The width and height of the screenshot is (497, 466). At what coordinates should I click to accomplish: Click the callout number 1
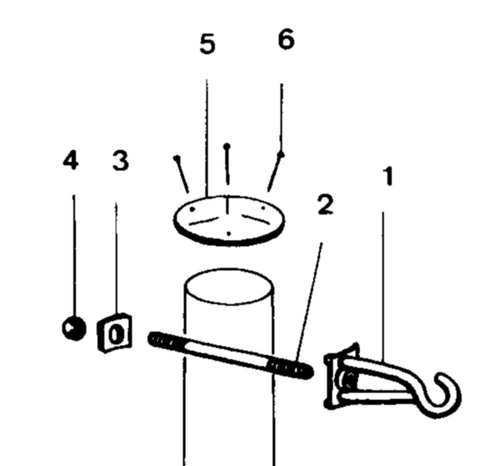click(x=388, y=177)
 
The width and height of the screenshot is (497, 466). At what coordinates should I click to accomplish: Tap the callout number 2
click(x=326, y=205)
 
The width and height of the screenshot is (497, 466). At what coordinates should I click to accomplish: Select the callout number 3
click(x=121, y=161)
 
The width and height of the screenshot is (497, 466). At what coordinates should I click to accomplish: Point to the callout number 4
click(x=71, y=161)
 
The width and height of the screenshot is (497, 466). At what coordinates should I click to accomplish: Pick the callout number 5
click(x=207, y=45)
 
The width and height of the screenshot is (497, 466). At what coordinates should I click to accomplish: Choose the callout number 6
click(x=286, y=39)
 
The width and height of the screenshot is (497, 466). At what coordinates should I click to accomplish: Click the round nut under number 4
click(x=74, y=328)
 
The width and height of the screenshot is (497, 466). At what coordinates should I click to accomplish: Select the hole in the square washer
click(x=115, y=335)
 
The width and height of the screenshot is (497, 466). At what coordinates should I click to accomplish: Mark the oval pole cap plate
click(x=229, y=221)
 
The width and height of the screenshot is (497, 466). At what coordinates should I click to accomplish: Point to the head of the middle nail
click(x=227, y=146)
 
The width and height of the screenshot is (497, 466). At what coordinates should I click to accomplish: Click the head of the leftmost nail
click(x=177, y=158)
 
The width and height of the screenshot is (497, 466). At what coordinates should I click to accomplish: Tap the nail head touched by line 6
click(x=281, y=155)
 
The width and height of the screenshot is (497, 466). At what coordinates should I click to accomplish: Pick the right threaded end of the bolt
click(x=290, y=369)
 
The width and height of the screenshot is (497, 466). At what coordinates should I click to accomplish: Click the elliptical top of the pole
click(x=229, y=287)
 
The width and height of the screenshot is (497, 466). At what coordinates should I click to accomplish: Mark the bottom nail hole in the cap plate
click(x=229, y=234)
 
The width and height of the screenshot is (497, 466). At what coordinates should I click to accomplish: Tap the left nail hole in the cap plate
click(x=192, y=209)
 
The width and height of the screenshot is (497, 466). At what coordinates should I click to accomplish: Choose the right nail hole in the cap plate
click(x=263, y=208)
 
